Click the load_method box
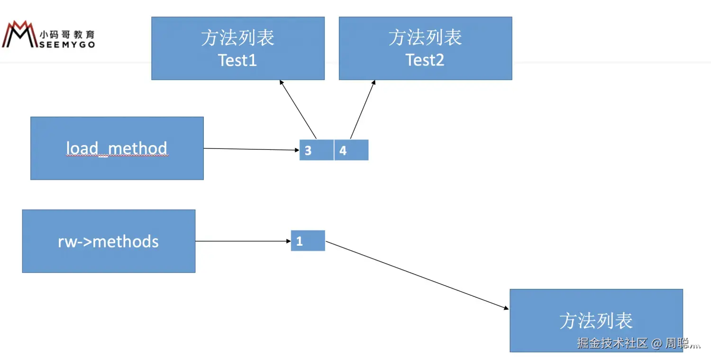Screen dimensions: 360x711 click(117, 148)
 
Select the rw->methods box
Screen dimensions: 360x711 click(109, 241)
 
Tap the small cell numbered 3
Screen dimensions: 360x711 click(316, 150)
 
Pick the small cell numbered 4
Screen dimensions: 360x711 click(351, 150)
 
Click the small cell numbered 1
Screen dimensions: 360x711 click(308, 240)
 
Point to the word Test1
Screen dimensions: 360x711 click(237, 60)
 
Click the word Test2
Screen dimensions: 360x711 click(425, 60)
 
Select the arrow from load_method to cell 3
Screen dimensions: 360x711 click(251, 149)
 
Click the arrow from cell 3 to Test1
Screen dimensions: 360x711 click(298, 109)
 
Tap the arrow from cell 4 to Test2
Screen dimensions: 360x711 click(363, 109)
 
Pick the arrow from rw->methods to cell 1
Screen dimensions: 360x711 click(243, 241)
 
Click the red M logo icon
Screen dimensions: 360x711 click(19, 34)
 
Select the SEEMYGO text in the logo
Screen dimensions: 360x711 click(67, 44)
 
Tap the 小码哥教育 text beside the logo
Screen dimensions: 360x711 click(67, 35)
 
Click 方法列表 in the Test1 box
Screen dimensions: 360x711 click(237, 38)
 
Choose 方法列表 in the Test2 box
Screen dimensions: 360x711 click(425, 38)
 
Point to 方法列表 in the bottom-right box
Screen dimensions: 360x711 click(596, 321)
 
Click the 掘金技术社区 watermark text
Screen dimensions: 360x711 click(612, 343)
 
